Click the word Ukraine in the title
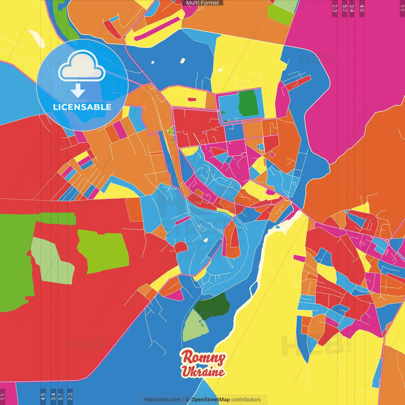[203, 371]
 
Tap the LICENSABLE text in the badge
[82, 107]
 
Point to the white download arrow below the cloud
[78, 91]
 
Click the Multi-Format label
[202, 3]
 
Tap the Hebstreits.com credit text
[163, 400]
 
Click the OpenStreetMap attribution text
[210, 400]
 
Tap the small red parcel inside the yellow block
[192, 100]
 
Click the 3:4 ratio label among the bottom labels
[53, 397]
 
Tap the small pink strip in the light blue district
[183, 220]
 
